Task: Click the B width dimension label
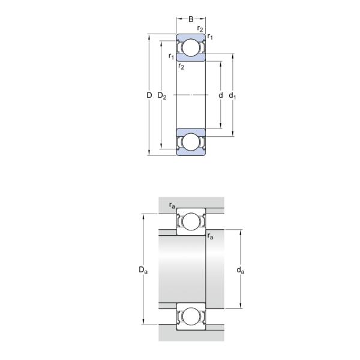[x=191, y=19]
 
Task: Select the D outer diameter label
[x=149, y=95]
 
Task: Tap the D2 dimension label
[x=162, y=96]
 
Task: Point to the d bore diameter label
[x=220, y=95]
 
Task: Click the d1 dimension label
[x=232, y=95]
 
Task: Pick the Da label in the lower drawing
[x=143, y=270]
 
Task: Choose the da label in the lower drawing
[x=241, y=270]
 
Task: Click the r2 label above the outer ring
[x=200, y=29]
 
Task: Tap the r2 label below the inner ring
[x=181, y=67]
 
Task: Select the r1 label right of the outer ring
[x=210, y=37]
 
